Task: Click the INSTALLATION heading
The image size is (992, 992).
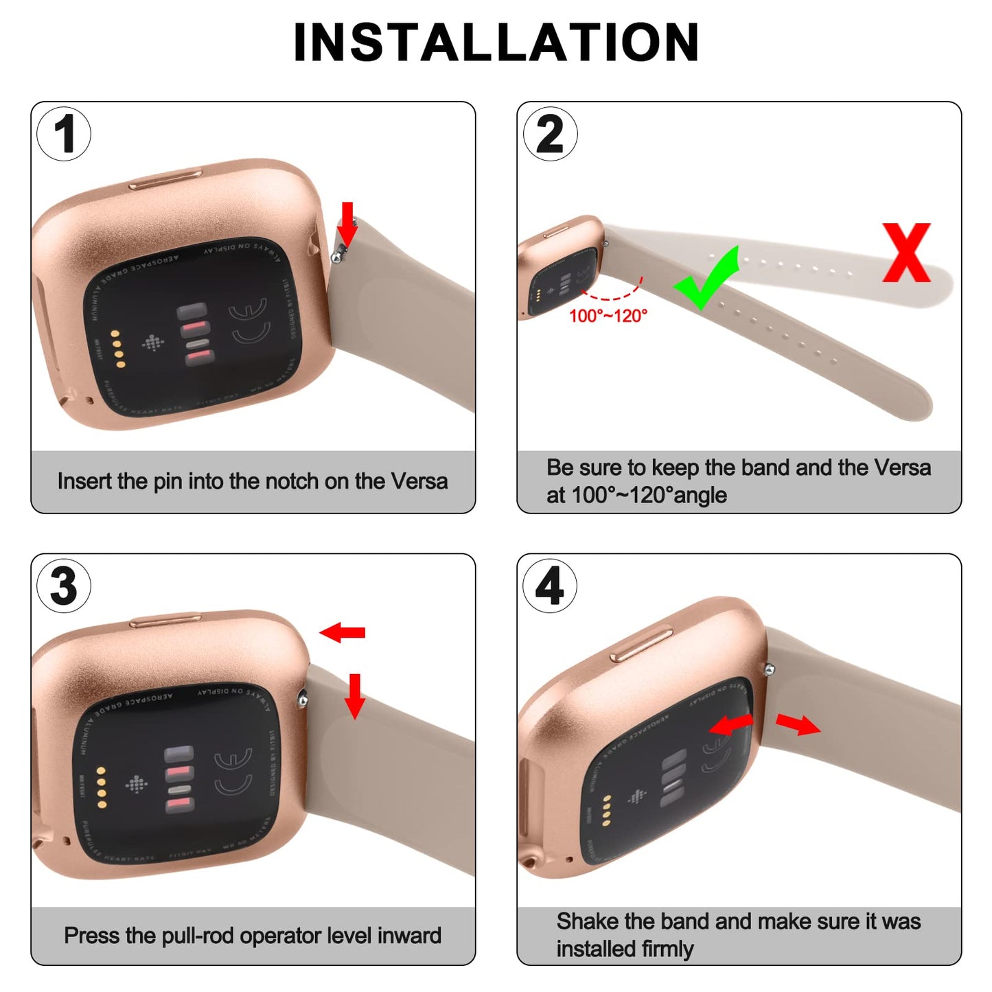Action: point(496,43)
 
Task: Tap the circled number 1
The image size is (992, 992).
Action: point(64,134)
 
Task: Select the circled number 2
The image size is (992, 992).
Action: point(550,134)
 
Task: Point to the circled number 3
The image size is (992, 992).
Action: point(64,586)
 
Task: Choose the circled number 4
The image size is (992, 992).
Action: point(550,586)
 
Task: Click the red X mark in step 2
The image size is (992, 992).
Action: point(906,253)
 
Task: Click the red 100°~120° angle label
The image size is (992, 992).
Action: point(608,316)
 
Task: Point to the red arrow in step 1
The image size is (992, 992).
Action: point(348,224)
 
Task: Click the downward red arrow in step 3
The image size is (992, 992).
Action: point(354,695)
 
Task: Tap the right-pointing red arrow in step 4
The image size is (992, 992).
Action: point(798,724)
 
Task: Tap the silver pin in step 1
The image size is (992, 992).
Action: point(337,256)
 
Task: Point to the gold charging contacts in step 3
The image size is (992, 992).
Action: point(102,787)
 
